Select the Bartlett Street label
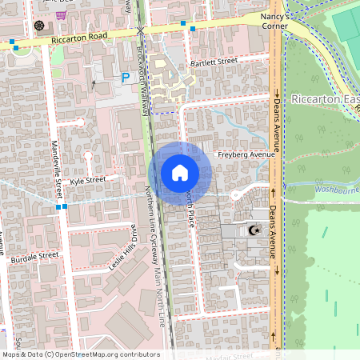click(x=214, y=61)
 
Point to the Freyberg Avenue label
click(x=246, y=154)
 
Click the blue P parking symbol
click(x=125, y=78)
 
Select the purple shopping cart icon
click(x=61, y=14)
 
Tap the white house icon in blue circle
click(x=180, y=172)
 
